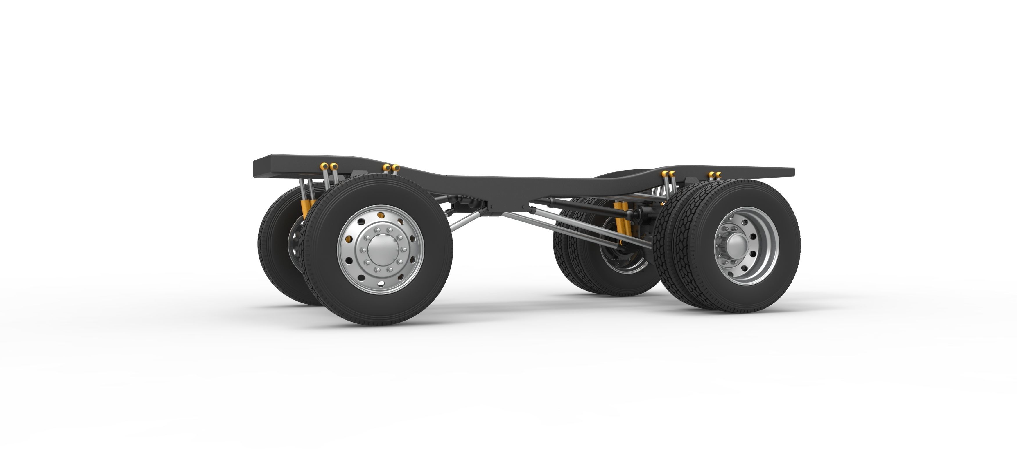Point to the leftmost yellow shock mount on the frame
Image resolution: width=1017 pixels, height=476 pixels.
tap(324, 165)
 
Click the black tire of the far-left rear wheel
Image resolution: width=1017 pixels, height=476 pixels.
tap(272, 256)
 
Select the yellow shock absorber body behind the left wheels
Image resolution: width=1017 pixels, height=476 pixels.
tap(306, 209)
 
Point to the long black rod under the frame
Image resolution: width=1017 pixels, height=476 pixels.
tap(580, 206)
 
